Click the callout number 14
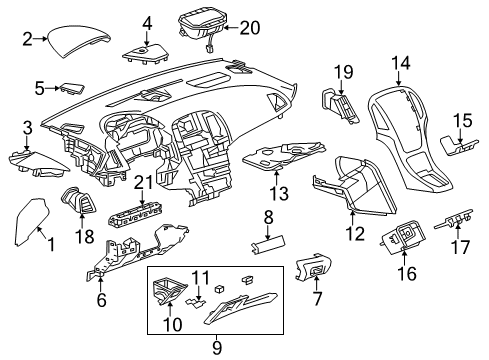click(401, 63)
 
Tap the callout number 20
click(248, 27)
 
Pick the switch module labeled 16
click(404, 239)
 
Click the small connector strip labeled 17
click(459, 217)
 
